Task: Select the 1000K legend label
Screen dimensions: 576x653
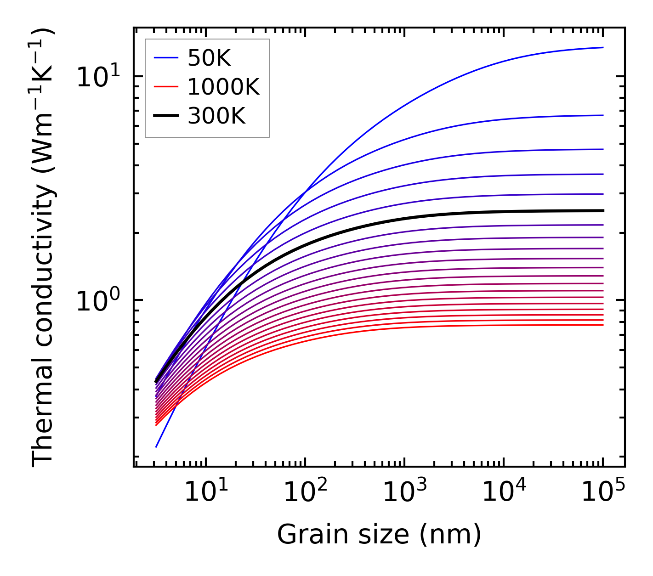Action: pos(223,87)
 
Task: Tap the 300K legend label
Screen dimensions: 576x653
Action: pos(216,116)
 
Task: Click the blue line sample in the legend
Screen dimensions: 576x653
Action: pos(165,58)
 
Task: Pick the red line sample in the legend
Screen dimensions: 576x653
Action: pos(165,87)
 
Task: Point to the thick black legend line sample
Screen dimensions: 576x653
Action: pos(165,116)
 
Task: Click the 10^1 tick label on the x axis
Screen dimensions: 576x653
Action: pos(206,492)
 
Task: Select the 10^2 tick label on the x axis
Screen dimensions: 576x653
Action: pos(305,492)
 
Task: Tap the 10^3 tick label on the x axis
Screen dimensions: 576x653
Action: pos(404,492)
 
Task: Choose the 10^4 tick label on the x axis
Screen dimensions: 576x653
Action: pos(504,492)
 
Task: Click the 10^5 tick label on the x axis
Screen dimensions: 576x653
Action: pos(603,492)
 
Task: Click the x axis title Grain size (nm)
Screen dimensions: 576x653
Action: pos(379,535)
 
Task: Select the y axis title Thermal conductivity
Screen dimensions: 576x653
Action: pos(43,247)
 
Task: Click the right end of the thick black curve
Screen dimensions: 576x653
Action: pos(603,211)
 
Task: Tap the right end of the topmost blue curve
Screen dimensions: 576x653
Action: pos(603,47)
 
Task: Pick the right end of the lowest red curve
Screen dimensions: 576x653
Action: pos(603,325)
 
